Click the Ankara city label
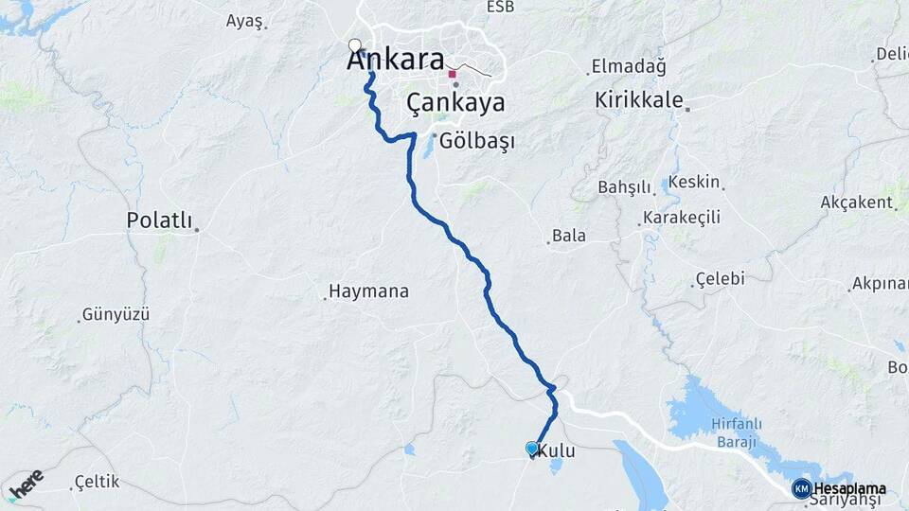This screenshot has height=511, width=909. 396,60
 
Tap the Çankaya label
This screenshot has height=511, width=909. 455,102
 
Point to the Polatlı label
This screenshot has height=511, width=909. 159,220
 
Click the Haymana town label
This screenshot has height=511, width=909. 368,291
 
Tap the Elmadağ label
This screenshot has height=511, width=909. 629,66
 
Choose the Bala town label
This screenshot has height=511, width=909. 569,236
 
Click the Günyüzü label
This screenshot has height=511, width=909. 116,314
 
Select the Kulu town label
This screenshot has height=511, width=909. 556,453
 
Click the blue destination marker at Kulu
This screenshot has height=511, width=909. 532,449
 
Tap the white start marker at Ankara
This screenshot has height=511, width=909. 355,44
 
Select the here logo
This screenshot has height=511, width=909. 26,483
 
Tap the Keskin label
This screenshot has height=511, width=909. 694,182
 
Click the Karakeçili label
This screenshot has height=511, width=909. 681,218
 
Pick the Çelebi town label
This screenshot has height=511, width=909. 720,279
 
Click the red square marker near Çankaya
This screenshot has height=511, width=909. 453,74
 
